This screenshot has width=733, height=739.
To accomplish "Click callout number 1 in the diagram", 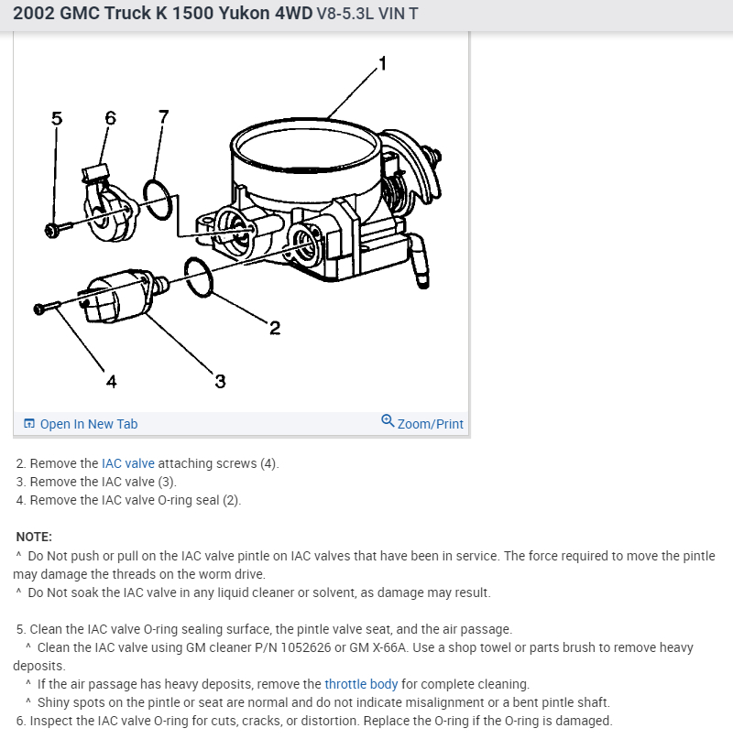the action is point(383,63).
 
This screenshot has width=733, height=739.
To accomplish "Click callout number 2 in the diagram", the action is point(275,328).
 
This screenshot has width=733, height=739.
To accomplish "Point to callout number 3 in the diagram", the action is point(220,381).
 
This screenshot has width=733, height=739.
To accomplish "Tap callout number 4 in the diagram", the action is point(111,381).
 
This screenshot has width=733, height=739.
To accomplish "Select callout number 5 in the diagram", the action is point(57,118).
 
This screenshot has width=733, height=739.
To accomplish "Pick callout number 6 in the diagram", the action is point(110,117).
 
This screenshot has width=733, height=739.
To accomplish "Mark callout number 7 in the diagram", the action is point(164,116).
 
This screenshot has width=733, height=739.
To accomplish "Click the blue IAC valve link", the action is point(128,463).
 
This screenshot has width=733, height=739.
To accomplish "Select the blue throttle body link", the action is point(361,684).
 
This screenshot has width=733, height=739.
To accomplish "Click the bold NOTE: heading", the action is point(34,537).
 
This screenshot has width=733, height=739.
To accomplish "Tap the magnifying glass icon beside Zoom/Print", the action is point(388,420).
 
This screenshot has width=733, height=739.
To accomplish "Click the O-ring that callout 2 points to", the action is point(199,277).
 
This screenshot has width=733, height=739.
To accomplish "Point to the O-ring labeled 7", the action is point(158,200).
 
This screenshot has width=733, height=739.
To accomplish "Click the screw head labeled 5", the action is point(51,231).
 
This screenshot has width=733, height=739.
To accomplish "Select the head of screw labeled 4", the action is point(39,310).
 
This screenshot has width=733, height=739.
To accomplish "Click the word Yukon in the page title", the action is point(245,13).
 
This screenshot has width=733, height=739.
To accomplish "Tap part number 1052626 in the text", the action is point(306,647).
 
